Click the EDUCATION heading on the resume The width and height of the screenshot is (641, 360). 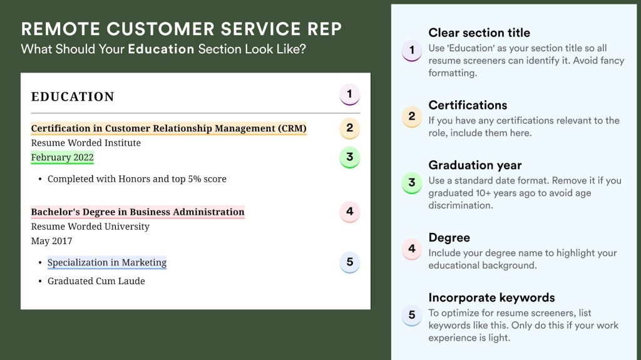(x=73, y=97)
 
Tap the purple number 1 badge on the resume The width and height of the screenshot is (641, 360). (x=349, y=95)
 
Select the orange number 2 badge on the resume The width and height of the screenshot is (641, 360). (x=349, y=128)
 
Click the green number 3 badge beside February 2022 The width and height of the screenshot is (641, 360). (x=349, y=157)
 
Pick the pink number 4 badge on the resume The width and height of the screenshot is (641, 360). (x=349, y=212)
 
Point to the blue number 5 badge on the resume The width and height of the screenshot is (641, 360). (x=349, y=262)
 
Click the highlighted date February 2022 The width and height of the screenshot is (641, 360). (x=62, y=158)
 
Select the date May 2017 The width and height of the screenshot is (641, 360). (x=51, y=241)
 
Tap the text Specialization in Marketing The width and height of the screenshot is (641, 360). (x=107, y=263)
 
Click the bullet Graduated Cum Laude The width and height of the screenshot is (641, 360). (x=96, y=281)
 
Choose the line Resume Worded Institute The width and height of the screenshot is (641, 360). (x=86, y=143)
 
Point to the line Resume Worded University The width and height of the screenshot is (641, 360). (x=90, y=227)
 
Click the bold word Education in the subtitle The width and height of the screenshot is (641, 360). (x=161, y=49)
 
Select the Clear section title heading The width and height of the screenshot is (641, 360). (x=479, y=33)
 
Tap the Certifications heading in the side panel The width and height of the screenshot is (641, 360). (x=468, y=105)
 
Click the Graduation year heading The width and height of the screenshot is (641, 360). (x=474, y=165)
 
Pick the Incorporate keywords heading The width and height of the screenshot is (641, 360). (x=491, y=298)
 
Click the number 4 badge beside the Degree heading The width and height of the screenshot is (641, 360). (x=411, y=249)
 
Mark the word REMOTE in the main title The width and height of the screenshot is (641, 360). (x=60, y=29)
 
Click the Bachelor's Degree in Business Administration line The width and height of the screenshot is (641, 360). (x=138, y=212)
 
